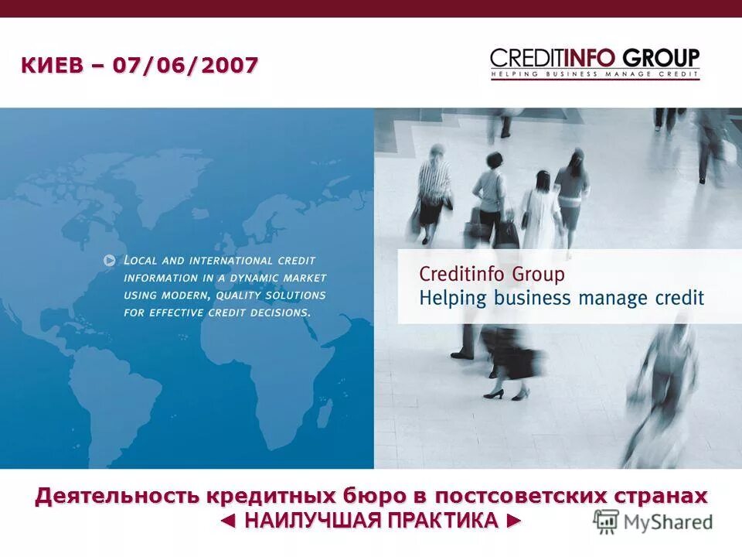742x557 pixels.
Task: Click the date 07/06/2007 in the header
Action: click(x=185, y=66)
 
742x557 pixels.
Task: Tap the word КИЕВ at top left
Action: click(x=51, y=66)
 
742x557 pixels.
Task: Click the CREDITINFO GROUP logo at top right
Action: click(x=594, y=58)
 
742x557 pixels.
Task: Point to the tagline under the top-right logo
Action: click(x=594, y=74)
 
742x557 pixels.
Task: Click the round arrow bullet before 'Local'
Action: click(x=110, y=261)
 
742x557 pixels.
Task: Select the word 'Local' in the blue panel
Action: click(x=142, y=261)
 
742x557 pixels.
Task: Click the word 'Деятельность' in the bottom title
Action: click(x=116, y=496)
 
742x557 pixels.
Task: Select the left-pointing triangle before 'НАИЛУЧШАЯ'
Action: click(x=227, y=521)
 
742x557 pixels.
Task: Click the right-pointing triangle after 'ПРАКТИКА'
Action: click(x=514, y=521)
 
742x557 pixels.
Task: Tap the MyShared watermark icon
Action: click(x=607, y=522)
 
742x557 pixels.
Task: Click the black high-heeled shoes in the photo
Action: click(x=506, y=394)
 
